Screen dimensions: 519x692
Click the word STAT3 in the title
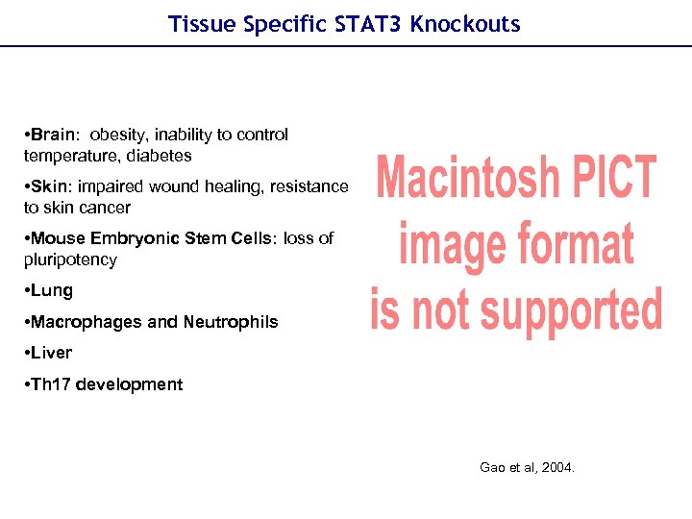pyautogui.click(x=370, y=24)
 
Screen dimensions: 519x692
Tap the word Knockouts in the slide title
pyautogui.click(x=465, y=24)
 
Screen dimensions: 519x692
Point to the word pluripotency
pyautogui.click(x=70, y=259)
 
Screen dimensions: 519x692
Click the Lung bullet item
pyautogui.click(x=52, y=290)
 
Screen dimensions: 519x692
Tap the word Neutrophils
pyautogui.click(x=231, y=322)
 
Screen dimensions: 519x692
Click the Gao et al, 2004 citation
pyautogui.click(x=527, y=467)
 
